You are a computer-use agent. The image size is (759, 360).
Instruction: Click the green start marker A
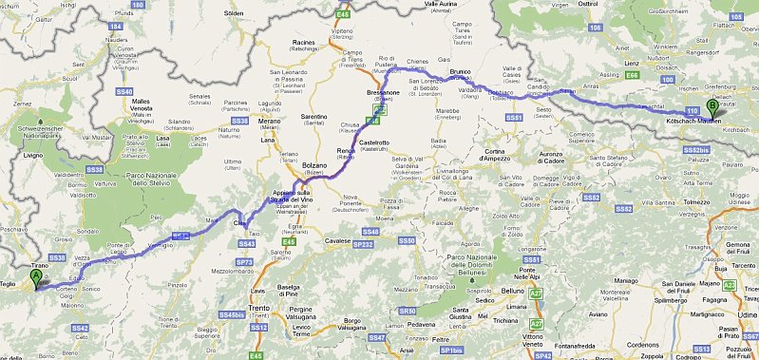[x=36, y=278]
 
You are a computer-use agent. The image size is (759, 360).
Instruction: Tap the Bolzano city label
[x=314, y=165]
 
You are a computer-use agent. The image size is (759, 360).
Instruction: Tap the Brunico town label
[x=462, y=71]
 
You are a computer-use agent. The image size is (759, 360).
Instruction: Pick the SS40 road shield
[x=124, y=90]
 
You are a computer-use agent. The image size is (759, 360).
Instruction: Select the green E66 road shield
[x=630, y=74]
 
